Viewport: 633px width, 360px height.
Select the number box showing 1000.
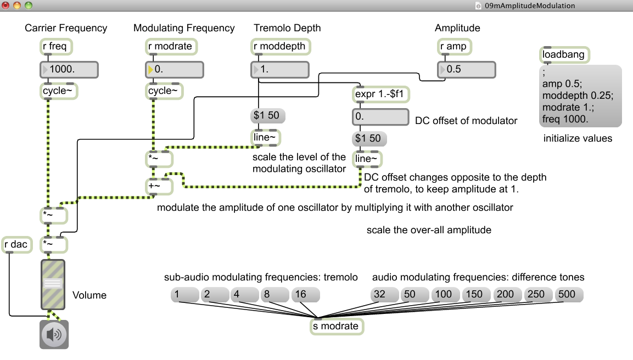69,70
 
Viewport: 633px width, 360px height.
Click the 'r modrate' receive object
171,47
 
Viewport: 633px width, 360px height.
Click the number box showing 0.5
466,70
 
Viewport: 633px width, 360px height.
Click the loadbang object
564,55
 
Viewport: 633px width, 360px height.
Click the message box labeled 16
305,295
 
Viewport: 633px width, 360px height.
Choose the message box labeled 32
383,295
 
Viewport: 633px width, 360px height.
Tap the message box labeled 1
183,295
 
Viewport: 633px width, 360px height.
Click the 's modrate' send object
337,326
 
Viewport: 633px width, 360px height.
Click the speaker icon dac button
53,334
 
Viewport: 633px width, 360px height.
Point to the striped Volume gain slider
53,284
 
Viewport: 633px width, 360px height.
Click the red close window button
6,5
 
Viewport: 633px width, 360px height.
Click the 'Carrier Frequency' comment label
66,28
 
